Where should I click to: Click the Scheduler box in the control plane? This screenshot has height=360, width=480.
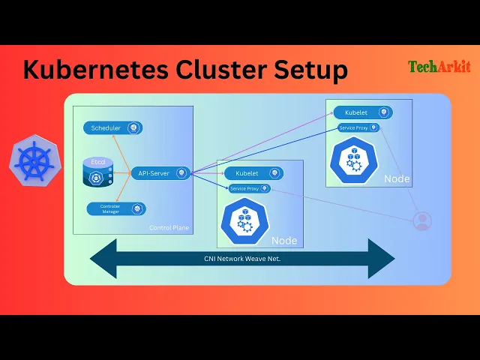112,128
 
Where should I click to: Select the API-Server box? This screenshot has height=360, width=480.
160,173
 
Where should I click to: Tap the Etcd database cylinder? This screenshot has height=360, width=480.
98,172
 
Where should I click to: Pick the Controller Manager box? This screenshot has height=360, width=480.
116,208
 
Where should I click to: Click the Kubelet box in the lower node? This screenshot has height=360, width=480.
253,173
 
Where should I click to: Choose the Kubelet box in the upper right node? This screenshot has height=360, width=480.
363,112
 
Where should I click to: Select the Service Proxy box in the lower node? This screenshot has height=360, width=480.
250,188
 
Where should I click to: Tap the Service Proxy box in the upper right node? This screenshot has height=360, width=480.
358,127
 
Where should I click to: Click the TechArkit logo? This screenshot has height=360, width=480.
439,67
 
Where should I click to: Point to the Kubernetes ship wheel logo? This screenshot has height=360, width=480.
35,160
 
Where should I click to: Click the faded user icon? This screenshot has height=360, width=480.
422,221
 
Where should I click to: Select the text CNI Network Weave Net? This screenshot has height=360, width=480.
242,259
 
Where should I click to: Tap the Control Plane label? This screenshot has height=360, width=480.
169,228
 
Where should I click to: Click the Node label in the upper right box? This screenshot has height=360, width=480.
397,178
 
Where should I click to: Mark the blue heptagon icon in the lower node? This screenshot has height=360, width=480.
245,220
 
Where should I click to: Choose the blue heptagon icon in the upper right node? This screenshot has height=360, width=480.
354,160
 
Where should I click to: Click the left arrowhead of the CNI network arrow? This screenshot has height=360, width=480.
103,259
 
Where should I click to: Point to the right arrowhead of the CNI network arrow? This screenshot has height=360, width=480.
382,259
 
